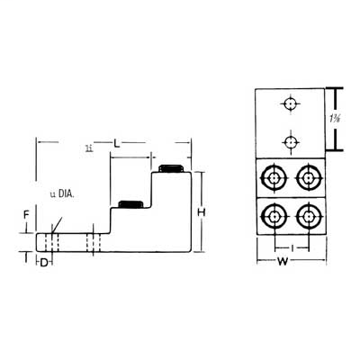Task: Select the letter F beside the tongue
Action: click(x=25, y=217)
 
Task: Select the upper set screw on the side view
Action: click(x=170, y=168)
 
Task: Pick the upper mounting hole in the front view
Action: click(x=290, y=105)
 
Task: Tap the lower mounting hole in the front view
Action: click(x=290, y=139)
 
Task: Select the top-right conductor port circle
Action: click(x=308, y=177)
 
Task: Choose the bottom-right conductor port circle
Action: click(x=308, y=216)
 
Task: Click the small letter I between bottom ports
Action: click(x=290, y=246)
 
